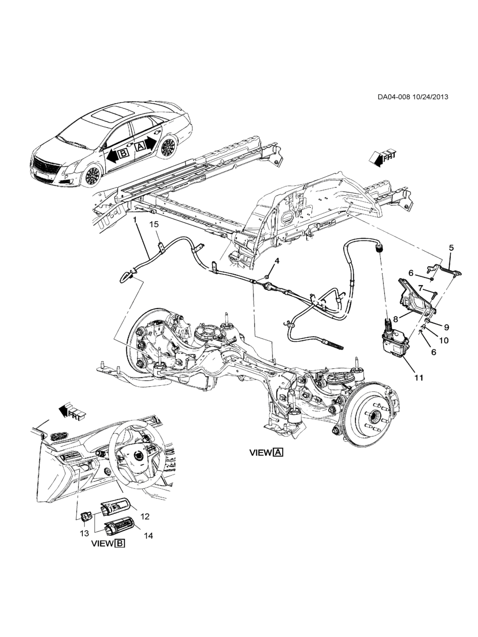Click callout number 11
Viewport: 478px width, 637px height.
click(x=419, y=378)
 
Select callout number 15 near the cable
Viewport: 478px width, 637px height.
click(x=155, y=224)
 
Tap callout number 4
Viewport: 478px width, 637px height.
click(x=277, y=261)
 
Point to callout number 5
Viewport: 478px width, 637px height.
click(x=451, y=248)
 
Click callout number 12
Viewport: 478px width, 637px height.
click(x=145, y=516)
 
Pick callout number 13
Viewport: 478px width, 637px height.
click(x=84, y=533)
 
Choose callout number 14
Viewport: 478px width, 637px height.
click(x=148, y=535)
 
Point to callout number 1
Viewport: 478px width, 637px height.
click(x=135, y=221)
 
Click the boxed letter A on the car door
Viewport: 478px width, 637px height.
click(x=140, y=147)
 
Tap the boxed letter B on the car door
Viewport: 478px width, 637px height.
click(x=124, y=153)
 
